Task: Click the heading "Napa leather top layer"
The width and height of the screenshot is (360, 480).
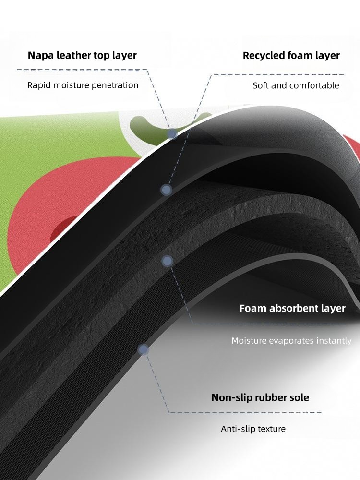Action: (x=82, y=55)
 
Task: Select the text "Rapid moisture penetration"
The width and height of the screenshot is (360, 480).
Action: (x=83, y=85)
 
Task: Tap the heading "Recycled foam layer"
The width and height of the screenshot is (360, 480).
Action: (x=291, y=55)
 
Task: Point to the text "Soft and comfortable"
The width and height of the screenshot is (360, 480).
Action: (x=296, y=86)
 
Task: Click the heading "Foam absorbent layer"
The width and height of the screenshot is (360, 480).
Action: (x=292, y=308)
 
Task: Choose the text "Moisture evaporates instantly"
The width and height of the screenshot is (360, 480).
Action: (x=291, y=341)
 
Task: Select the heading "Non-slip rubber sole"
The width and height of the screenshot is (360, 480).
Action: (x=260, y=397)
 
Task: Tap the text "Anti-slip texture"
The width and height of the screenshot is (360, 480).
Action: (x=253, y=429)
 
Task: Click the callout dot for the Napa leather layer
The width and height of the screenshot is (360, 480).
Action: (x=172, y=134)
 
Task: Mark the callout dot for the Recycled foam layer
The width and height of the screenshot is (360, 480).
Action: (x=166, y=190)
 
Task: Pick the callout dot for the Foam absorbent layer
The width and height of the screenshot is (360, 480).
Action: (x=167, y=261)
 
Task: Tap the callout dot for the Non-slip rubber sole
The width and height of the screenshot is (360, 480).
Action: (x=143, y=350)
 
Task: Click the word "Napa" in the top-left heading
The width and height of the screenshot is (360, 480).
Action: (x=40, y=55)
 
